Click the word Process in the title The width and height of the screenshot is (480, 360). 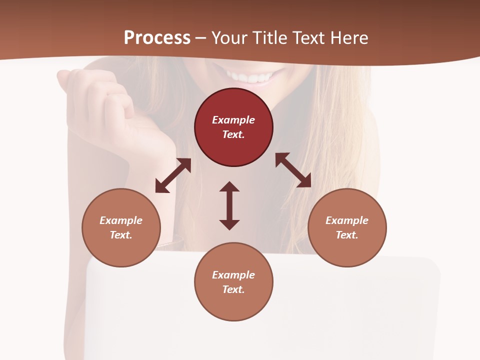(x=157, y=38)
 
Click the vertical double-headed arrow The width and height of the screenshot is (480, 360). (x=229, y=205)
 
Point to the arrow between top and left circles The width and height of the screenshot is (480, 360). (x=173, y=175)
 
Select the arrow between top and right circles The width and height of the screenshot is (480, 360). (x=293, y=170)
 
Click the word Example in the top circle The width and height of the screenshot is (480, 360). (x=233, y=120)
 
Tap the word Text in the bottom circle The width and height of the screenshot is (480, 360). (x=233, y=289)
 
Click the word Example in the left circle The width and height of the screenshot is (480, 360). (x=121, y=220)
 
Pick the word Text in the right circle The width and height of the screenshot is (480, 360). (x=347, y=235)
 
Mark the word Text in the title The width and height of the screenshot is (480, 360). (x=308, y=38)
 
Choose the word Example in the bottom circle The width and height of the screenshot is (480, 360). (x=233, y=275)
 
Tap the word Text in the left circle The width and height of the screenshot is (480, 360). (x=121, y=235)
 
